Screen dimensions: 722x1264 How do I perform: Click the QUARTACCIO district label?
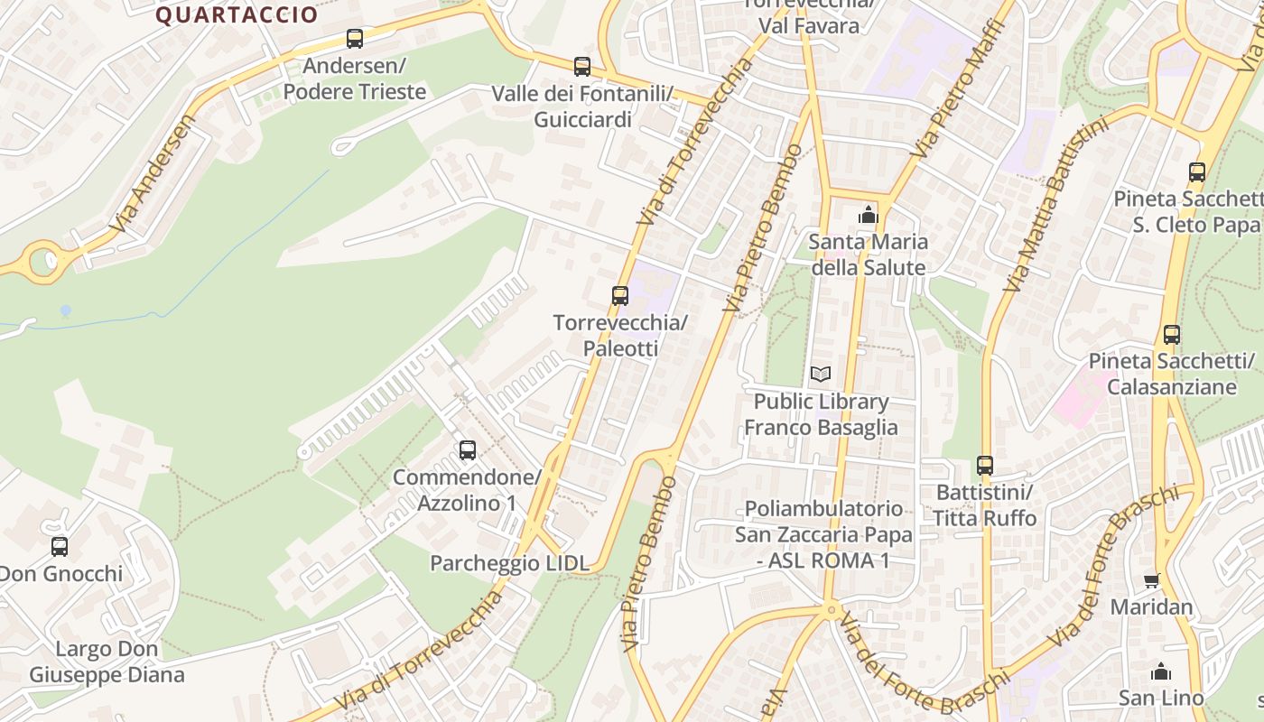point(237,14)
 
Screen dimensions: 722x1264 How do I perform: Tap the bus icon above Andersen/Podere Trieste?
point(355,39)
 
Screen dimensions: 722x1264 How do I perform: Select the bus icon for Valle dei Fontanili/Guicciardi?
point(582,67)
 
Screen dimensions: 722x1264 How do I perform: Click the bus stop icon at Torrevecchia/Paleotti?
point(620,295)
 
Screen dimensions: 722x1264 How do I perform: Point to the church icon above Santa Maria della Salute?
point(868,215)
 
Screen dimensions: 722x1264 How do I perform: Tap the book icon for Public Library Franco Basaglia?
point(820,374)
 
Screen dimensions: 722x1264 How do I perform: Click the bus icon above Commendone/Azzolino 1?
point(468,449)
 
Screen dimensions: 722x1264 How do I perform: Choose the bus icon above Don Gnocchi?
point(60,546)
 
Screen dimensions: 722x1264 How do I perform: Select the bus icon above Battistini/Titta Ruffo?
point(985,466)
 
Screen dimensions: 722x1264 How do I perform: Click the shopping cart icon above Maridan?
point(1151,580)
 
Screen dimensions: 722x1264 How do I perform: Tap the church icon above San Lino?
point(1161,671)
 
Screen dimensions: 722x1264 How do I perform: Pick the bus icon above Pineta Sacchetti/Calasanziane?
point(1172,335)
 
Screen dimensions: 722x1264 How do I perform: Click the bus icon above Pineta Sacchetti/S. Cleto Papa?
point(1197,171)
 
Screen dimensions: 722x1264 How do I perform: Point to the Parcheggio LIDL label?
point(509,563)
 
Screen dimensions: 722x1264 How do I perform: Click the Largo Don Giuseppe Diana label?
point(107,662)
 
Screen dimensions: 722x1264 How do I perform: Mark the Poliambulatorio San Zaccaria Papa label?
point(823,534)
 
